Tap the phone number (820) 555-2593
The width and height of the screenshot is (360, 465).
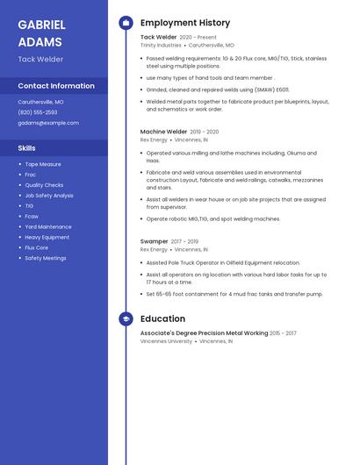38,112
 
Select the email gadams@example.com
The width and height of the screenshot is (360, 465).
48,123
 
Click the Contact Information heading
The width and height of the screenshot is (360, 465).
56,86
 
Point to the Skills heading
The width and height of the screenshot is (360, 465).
27,148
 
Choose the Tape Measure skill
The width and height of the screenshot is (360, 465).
43,164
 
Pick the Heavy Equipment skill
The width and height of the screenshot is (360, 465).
47,237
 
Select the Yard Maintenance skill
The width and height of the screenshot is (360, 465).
48,226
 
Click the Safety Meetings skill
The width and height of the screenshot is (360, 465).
46,258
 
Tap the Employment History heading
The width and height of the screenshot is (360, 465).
185,23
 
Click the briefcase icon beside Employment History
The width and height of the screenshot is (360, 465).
126,23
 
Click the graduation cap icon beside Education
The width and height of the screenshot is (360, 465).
126,319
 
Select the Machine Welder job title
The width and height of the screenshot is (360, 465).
163,132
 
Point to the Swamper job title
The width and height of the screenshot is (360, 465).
154,241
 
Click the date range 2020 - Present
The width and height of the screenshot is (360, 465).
198,38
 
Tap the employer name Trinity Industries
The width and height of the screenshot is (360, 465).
161,45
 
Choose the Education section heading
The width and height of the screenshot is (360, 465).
162,319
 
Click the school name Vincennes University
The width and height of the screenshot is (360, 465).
166,340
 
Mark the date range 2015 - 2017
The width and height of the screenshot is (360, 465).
283,333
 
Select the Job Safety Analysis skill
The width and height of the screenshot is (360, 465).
49,196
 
